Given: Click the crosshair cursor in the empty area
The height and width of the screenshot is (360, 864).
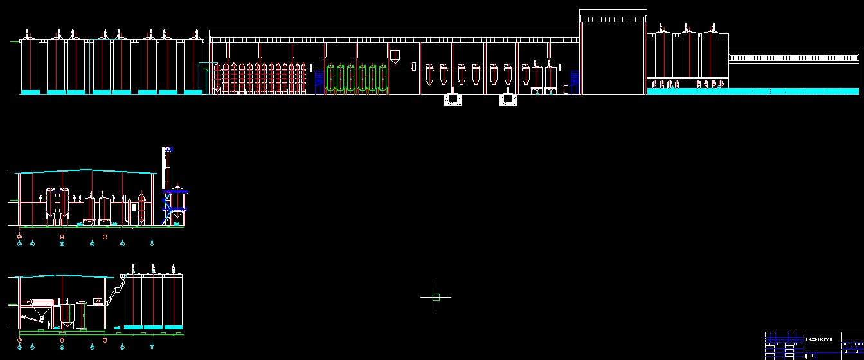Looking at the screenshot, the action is (436, 297).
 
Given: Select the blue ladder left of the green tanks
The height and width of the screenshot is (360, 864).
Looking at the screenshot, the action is (319, 82).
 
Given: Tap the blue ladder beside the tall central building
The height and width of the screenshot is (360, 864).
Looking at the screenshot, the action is (575, 82).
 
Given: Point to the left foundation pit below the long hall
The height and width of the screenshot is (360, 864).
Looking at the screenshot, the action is (453, 99).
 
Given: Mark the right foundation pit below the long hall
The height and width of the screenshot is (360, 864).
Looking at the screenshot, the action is (509, 99).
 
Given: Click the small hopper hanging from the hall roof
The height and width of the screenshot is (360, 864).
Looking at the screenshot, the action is (395, 57).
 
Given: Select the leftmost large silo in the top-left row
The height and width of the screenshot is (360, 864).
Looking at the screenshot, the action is (30, 64).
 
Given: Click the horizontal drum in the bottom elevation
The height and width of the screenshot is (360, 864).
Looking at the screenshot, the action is (40, 302).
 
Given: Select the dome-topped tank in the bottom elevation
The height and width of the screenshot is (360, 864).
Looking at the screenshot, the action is (82, 313).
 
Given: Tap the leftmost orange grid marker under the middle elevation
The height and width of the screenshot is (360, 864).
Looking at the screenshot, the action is (19, 237).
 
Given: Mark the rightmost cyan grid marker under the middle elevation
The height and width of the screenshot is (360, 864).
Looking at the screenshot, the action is (152, 242).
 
